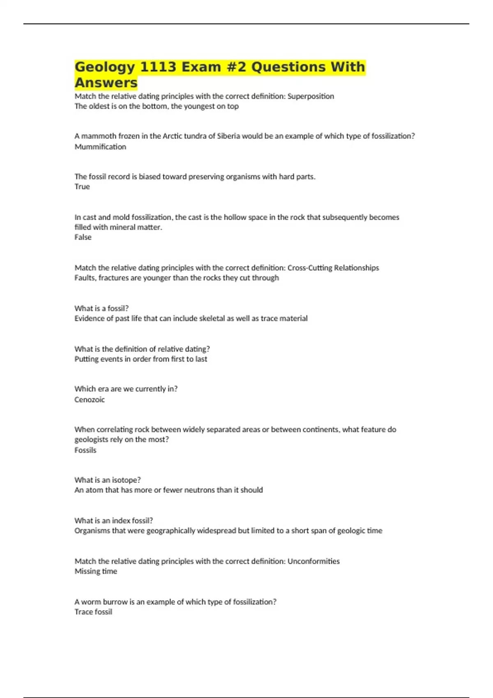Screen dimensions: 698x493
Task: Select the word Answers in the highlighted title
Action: coord(106,83)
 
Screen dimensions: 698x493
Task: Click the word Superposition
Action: coord(311,96)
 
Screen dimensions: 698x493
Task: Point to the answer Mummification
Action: coord(100,147)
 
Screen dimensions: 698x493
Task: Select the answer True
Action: coord(82,186)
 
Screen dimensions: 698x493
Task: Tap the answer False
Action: coord(83,237)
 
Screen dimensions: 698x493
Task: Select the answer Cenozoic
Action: coord(89,400)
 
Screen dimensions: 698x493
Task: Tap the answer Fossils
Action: coord(85,450)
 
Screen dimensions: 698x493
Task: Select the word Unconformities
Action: coord(313,561)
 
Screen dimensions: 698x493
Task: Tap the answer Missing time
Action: coord(96,571)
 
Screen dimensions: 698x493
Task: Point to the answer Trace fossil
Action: coord(93,612)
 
